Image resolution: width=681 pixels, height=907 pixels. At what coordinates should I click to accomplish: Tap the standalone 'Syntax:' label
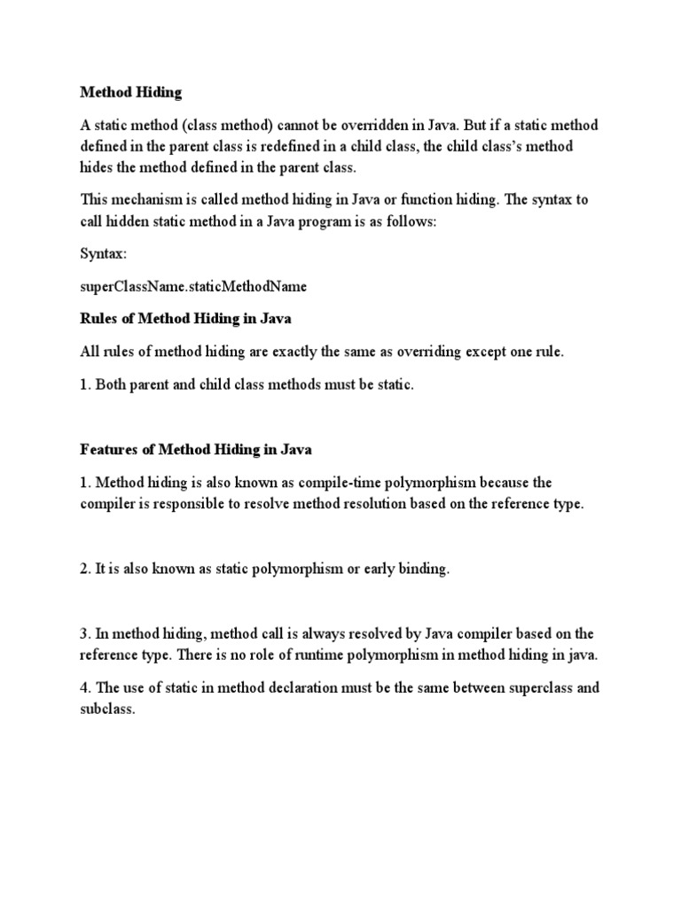pyautogui.click(x=104, y=253)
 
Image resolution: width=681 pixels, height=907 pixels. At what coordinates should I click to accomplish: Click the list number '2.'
pyautogui.click(x=86, y=569)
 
